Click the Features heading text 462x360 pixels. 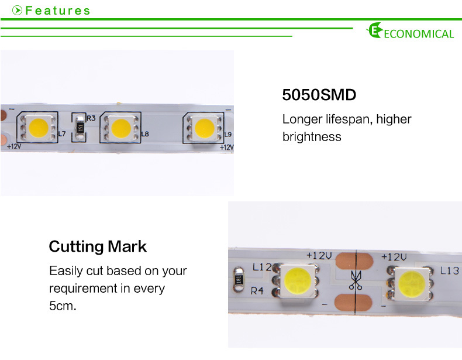pos(58,11)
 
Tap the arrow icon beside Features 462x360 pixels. pos(18,11)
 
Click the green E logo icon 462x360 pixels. pos(374,30)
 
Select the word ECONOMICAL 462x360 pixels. pos(419,33)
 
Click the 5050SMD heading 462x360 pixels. pos(319,95)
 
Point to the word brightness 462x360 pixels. pos(312,137)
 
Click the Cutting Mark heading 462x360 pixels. pos(98,246)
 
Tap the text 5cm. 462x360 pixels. pos(63,306)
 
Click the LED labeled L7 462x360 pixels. pos(38,128)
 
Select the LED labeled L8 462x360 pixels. pos(121,128)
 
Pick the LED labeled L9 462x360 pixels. pos(205,128)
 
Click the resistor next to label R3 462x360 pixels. pos(80,128)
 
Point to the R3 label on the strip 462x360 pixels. pos(91,118)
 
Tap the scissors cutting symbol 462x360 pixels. pos(356,280)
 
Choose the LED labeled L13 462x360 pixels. pos(411,283)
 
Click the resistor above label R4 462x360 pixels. pos(239,279)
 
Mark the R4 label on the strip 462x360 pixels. pos(257,291)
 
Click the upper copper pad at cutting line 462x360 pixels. pos(354,261)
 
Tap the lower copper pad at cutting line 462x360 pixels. pos(354,303)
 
